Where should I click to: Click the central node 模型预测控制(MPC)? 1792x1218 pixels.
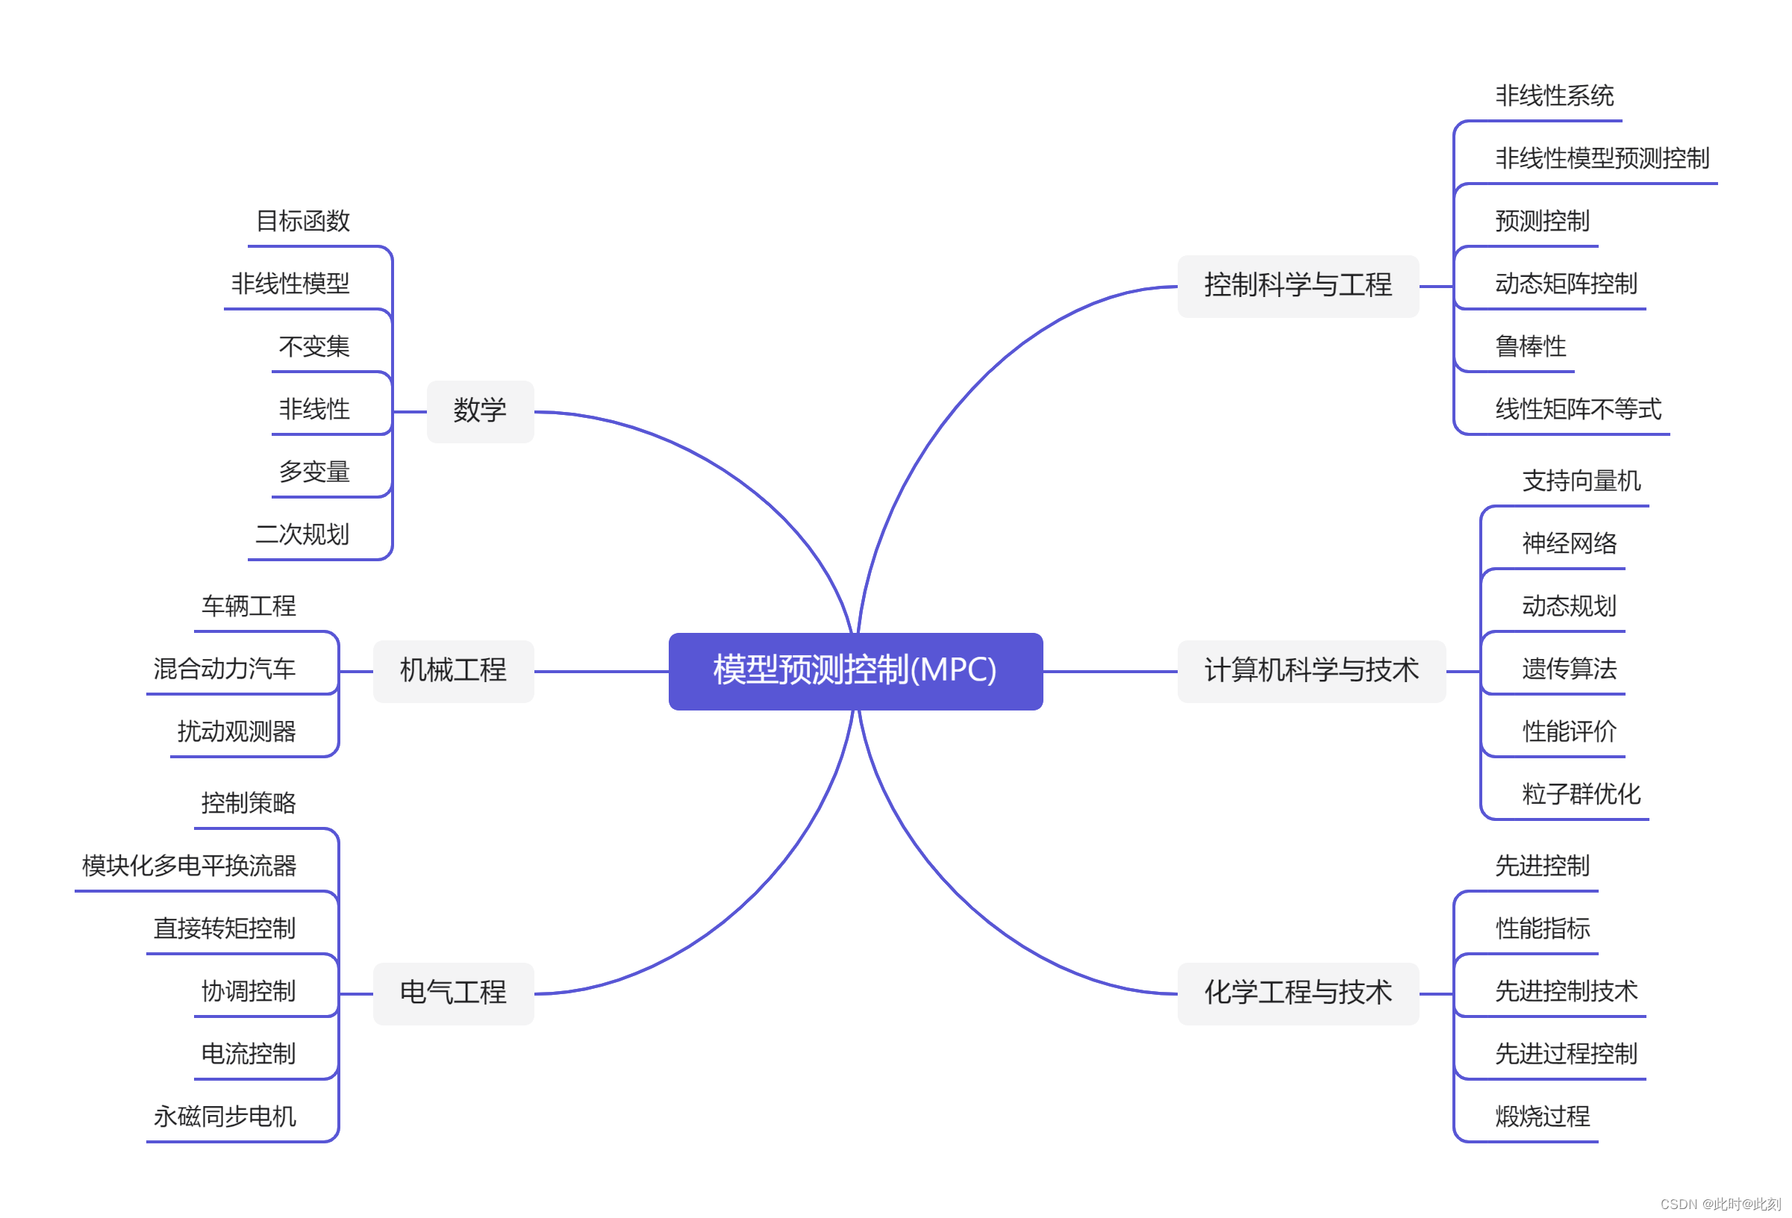855,671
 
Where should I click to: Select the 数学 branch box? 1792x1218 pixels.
480,411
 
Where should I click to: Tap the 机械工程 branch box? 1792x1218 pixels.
452,671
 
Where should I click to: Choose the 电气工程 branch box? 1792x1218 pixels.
452,993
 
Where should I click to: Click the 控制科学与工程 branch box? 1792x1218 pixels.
1298,286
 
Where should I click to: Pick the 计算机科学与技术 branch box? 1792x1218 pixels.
1311,671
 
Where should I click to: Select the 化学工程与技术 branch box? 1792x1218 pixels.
1298,993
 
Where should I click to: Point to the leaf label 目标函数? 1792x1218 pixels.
302,221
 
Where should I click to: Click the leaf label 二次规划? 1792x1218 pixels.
302,534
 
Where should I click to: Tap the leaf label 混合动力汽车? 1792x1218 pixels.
225,669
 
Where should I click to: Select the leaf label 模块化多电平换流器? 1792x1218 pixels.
189,866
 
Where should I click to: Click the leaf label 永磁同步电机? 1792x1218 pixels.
225,1116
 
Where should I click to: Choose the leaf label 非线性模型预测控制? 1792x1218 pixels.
1602,159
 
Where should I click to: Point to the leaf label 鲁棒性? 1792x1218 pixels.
1531,347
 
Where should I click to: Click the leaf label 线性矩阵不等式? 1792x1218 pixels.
1578,409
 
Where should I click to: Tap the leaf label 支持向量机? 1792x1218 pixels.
1581,481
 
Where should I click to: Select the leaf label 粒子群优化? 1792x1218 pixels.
1581,794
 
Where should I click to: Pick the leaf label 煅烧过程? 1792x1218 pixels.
1542,1116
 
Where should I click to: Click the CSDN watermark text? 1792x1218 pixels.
1720,1204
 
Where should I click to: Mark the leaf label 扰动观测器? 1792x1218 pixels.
236,731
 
